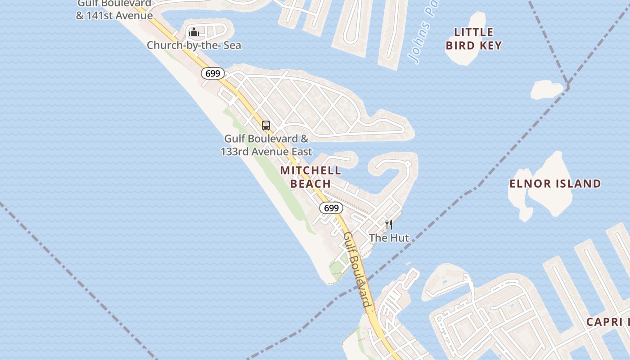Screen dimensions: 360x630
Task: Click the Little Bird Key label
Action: pyautogui.click(x=473, y=39)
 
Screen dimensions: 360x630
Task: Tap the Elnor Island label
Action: pyautogui.click(x=555, y=184)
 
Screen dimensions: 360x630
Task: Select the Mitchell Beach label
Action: pyautogui.click(x=310, y=177)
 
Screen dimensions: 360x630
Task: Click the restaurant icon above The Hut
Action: pyautogui.click(x=389, y=224)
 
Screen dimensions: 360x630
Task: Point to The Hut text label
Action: pyautogui.click(x=389, y=238)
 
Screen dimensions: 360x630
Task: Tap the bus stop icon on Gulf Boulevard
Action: pyautogui.click(x=266, y=126)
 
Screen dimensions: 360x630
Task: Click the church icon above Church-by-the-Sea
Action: pyautogui.click(x=194, y=32)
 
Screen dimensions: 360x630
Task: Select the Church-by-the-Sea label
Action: pyautogui.click(x=194, y=45)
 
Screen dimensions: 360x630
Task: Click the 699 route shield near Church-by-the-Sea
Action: pyautogui.click(x=213, y=73)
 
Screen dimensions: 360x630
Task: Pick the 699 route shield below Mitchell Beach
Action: pyautogui.click(x=331, y=208)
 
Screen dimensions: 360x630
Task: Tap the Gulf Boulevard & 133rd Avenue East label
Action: pyautogui.click(x=266, y=145)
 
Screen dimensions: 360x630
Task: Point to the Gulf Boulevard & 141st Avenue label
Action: pyautogui.click(x=114, y=10)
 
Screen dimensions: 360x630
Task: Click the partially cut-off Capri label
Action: pyautogui.click(x=607, y=322)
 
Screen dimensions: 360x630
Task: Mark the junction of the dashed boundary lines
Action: pyautogui.click(x=568, y=86)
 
